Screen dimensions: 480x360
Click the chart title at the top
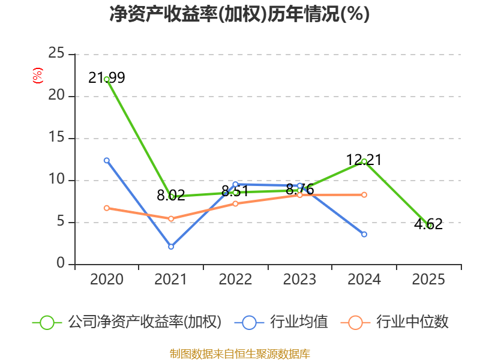coord(239,14)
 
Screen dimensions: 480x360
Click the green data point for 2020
coord(107,79)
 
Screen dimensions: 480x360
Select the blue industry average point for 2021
coord(171,247)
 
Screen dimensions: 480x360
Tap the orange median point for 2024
coord(364,194)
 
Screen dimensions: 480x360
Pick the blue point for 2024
coord(364,234)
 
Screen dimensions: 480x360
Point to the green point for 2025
coord(428,226)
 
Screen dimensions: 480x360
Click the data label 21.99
coord(107,77)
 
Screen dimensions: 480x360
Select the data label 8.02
coord(171,196)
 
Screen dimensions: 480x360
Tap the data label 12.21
coord(364,160)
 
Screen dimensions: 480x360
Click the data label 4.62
coord(428,224)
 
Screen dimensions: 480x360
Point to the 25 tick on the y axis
coord(56,53)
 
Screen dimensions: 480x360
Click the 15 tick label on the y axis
coord(56,137)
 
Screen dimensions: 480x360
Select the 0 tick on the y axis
coord(61,263)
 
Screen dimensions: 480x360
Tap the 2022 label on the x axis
coord(235,279)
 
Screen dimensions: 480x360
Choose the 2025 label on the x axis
coord(428,279)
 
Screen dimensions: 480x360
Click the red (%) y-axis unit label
coord(38,76)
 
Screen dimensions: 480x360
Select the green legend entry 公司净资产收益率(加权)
coord(127,322)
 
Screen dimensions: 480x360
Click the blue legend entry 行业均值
coord(281,322)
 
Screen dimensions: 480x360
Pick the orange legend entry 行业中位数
coord(395,322)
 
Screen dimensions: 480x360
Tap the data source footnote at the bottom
coord(240,354)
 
